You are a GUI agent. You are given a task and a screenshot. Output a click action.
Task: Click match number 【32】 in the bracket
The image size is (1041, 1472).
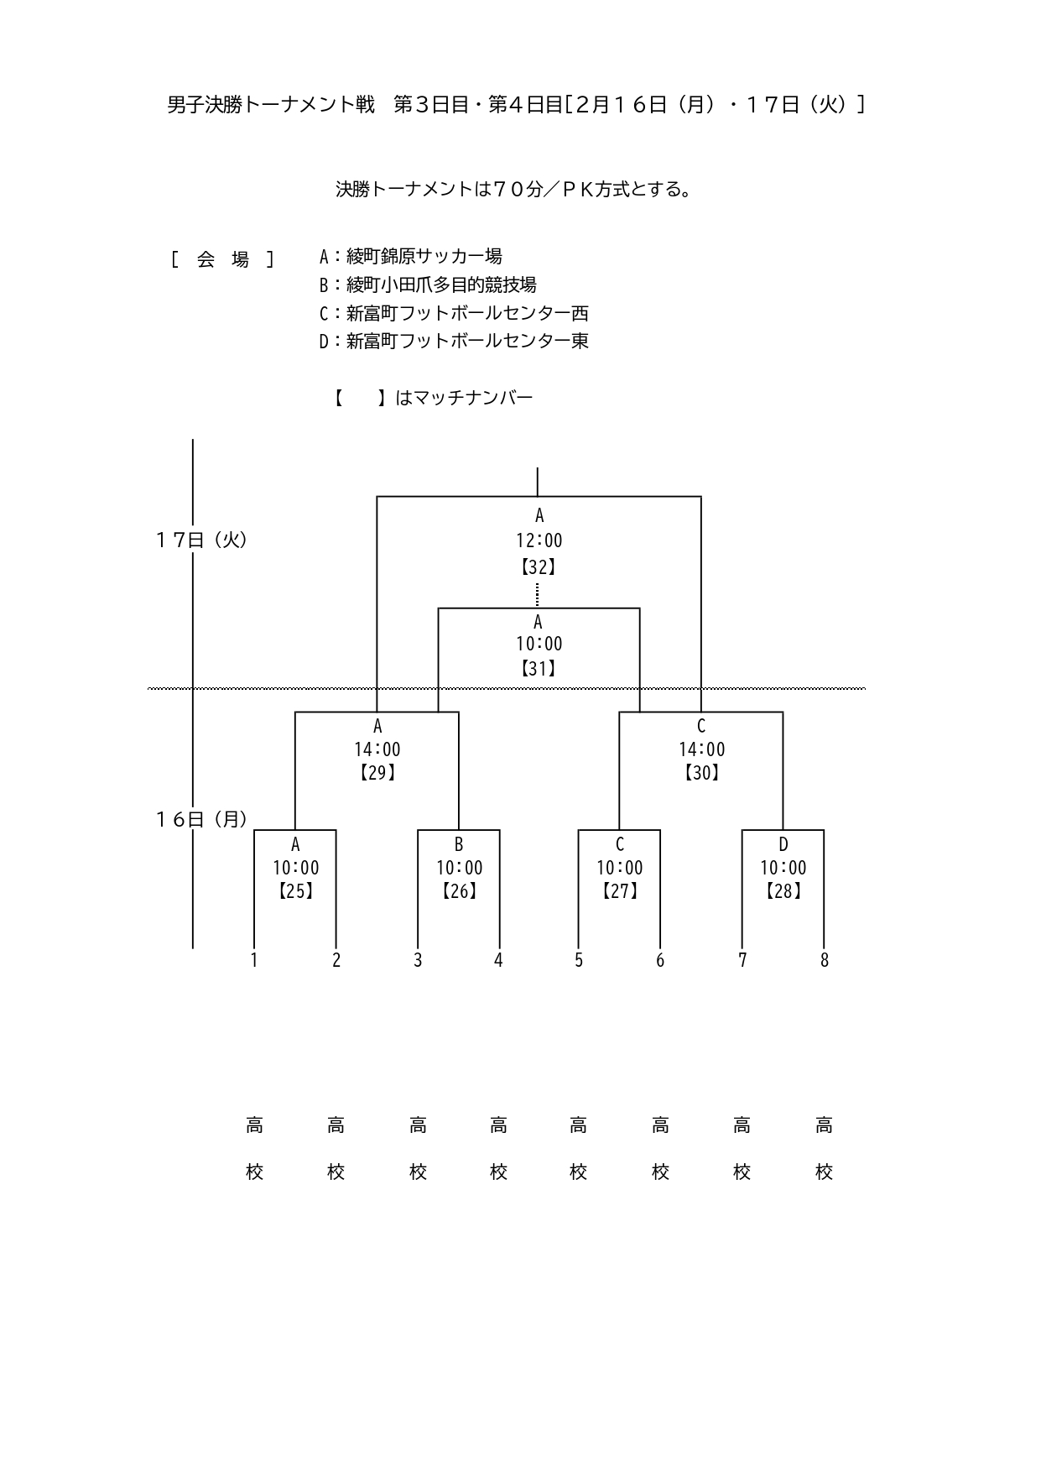539,567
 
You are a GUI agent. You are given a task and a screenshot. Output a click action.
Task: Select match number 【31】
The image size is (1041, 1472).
539,669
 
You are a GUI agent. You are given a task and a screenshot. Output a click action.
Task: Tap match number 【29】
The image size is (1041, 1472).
377,773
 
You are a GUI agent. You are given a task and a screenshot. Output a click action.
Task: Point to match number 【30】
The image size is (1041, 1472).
701,773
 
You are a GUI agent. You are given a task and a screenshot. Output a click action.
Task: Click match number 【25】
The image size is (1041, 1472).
295,891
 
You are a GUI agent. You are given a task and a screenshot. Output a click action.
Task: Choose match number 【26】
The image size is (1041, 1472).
459,891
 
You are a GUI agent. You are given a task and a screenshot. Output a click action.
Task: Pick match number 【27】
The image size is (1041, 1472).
620,891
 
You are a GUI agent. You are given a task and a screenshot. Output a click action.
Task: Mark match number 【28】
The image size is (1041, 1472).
783,891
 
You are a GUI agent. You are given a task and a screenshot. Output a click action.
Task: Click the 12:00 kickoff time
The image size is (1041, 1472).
539,541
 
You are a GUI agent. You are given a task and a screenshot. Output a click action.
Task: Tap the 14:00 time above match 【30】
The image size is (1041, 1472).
701,749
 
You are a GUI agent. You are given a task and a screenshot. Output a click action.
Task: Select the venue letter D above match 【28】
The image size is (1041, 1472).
783,844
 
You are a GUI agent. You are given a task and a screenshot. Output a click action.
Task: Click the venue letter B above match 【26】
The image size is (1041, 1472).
459,844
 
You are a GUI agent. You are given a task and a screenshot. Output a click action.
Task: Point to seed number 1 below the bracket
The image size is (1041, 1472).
254,960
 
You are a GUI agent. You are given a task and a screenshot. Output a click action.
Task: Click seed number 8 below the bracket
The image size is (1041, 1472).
824,960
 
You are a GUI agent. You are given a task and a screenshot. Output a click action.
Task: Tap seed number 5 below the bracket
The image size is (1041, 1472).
579,960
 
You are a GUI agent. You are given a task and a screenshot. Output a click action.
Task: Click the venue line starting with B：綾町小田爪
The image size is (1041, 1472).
428,285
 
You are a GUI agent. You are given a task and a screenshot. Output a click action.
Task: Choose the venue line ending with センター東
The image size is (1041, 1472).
454,341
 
